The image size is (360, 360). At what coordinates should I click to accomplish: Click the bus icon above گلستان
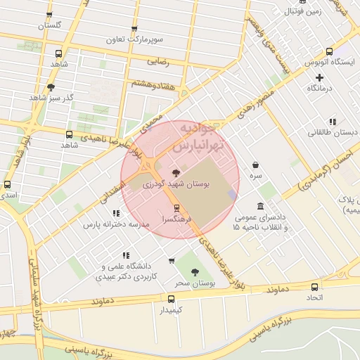point(49,15)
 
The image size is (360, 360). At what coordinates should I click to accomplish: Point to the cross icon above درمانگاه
point(319,77)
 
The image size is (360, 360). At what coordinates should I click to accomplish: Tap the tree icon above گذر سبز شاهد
point(50,88)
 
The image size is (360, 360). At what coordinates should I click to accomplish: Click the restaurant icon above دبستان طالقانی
point(332,121)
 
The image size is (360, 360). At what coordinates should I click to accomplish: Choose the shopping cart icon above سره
point(255,165)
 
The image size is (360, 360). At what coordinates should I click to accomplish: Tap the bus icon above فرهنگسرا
point(176,208)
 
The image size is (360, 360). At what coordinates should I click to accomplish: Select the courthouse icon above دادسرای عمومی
point(261,207)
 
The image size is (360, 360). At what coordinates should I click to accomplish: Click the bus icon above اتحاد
point(314,286)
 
